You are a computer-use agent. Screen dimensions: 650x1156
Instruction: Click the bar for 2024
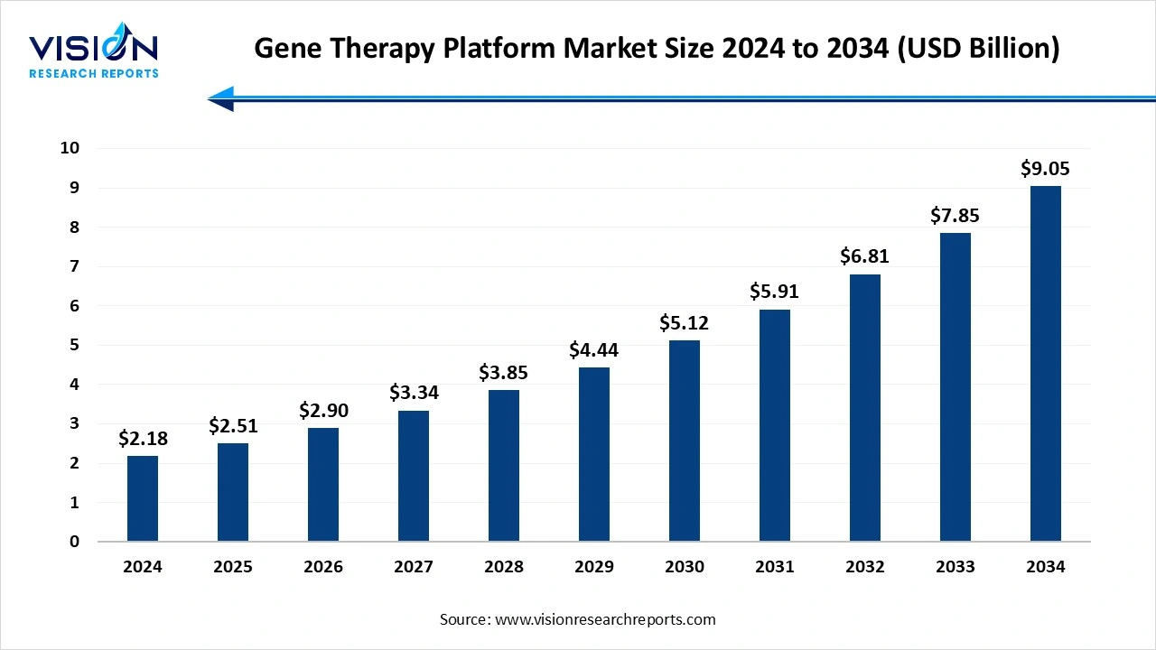pyautogui.click(x=143, y=498)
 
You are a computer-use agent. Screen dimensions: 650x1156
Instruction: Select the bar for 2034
pyautogui.click(x=1046, y=364)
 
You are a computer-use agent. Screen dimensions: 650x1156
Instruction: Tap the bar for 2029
pyautogui.click(x=594, y=454)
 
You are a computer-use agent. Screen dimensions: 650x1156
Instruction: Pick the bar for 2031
pyautogui.click(x=775, y=425)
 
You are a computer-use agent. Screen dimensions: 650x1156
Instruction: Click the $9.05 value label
pyautogui.click(x=1046, y=168)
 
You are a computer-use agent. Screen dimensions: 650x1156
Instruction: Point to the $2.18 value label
pyautogui.click(x=143, y=439)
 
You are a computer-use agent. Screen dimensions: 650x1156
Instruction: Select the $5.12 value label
pyautogui.click(x=685, y=322)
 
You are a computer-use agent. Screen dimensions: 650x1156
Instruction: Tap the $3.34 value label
pyautogui.click(x=414, y=393)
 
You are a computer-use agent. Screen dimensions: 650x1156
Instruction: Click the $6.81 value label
pyautogui.click(x=865, y=256)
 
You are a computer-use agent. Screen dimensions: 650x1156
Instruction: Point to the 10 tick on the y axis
pyautogui.click(x=70, y=148)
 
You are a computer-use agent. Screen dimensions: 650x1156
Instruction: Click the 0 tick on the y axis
pyautogui.click(x=75, y=542)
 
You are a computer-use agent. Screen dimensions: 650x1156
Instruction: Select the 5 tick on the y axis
pyautogui.click(x=75, y=345)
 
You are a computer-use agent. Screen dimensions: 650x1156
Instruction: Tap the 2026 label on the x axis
pyautogui.click(x=323, y=567)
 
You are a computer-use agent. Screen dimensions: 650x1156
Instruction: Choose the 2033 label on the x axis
pyautogui.click(x=956, y=567)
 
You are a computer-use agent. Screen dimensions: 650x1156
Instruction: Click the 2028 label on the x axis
pyautogui.click(x=504, y=567)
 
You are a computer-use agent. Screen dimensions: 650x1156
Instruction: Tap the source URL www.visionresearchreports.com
pyautogui.click(x=605, y=619)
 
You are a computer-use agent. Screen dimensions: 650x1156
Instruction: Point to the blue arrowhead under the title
pyautogui.click(x=222, y=98)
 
